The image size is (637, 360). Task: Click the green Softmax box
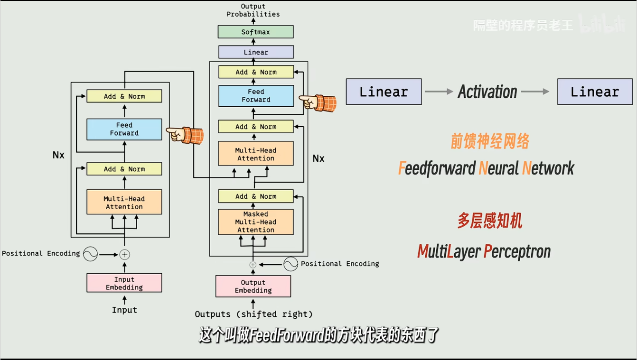(255, 32)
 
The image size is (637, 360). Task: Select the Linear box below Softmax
(256, 52)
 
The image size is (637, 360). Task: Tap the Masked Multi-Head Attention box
(256, 222)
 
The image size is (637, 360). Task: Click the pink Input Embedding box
(124, 283)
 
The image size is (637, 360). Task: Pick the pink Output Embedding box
(253, 286)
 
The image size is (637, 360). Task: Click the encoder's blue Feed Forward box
(124, 129)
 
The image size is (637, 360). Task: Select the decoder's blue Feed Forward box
(256, 96)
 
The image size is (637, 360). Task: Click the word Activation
(487, 92)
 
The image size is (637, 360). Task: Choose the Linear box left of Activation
(384, 92)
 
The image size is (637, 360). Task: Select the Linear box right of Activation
(595, 92)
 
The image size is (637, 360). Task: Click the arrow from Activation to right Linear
(535, 92)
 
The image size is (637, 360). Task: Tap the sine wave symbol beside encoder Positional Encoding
(90, 254)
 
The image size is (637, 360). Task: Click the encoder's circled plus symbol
(124, 254)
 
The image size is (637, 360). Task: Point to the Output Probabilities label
(253, 10)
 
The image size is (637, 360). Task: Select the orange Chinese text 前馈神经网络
(489, 141)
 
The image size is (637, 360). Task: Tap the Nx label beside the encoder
(58, 155)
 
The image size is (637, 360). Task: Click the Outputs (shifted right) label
(253, 314)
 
